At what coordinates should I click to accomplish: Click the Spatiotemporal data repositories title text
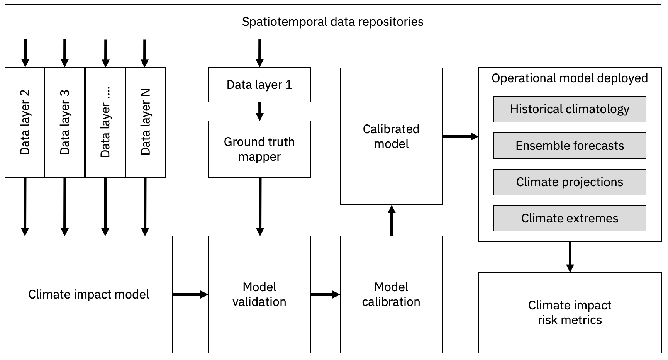332,22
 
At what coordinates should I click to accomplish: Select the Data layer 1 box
259,85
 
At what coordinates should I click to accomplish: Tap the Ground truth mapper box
259,149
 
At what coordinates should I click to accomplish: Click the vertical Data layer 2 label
25,122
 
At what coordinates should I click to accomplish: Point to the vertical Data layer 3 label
65,122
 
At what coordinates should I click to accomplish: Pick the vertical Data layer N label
145,122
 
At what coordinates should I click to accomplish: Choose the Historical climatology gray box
570,109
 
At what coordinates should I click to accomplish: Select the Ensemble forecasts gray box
570,146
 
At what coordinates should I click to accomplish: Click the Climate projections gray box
570,182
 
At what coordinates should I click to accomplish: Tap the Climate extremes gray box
570,218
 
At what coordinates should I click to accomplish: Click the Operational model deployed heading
570,78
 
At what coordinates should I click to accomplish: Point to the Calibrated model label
391,136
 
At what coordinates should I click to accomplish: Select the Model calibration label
391,294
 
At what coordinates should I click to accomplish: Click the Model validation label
259,294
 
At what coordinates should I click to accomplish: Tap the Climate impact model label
88,294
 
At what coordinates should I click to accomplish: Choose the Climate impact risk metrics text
570,312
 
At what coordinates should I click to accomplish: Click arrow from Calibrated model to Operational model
460,136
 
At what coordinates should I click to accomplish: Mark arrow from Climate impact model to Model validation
190,295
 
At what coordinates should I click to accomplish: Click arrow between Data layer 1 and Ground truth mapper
260,111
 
